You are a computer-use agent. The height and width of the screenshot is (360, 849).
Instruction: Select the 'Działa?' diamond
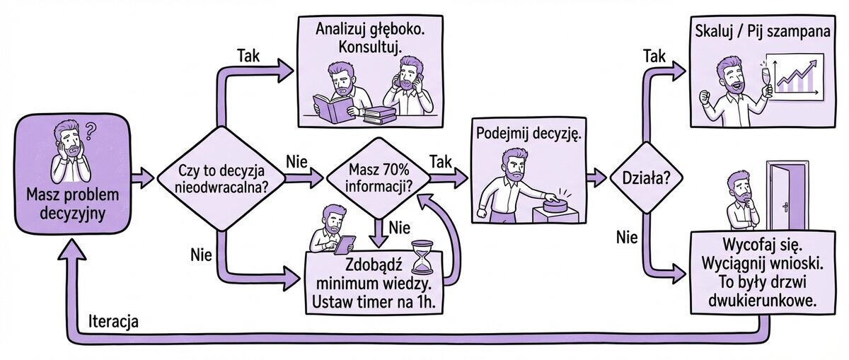[645, 178]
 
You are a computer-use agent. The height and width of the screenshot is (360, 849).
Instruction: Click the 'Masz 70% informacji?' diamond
[381, 178]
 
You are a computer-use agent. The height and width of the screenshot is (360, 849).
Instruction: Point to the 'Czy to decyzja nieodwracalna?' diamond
[221, 178]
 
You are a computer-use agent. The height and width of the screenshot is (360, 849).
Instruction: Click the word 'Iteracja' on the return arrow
[114, 320]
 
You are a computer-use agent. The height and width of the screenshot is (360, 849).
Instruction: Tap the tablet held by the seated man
[345, 244]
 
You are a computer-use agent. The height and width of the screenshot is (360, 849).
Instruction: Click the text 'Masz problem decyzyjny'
[73, 204]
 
